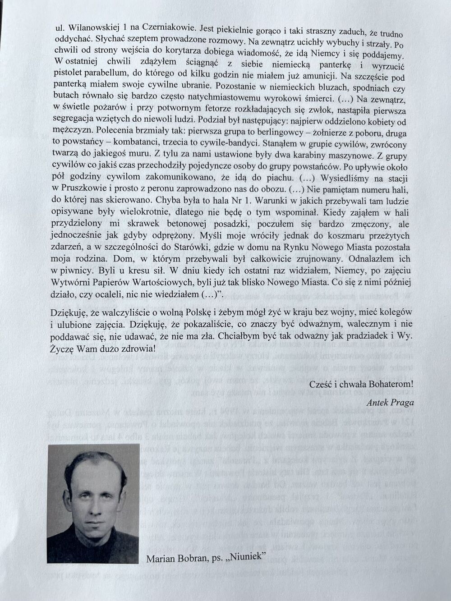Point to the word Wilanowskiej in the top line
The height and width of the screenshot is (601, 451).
[92, 28]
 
